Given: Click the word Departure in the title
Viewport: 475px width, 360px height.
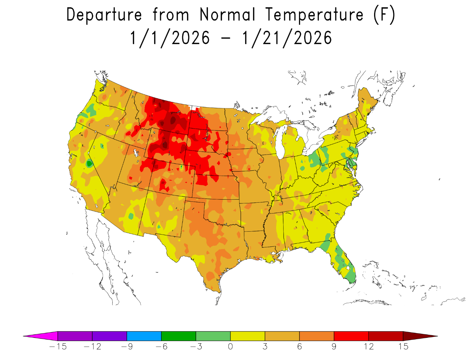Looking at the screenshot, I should (104, 15).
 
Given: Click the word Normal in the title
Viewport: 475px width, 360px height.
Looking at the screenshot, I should (227, 15).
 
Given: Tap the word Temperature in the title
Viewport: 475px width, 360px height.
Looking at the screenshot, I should (315, 15).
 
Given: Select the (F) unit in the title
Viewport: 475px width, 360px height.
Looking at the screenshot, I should (384, 15).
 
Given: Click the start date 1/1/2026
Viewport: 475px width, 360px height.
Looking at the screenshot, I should (170, 38).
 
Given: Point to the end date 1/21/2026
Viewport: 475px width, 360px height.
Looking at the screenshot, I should (287, 38).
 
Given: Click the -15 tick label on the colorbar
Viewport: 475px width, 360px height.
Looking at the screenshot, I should (58, 347).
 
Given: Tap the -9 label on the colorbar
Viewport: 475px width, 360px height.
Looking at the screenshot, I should (127, 347).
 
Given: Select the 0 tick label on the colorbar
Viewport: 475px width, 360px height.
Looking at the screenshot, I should (230, 347).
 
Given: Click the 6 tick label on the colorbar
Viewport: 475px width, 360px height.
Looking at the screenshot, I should (299, 347).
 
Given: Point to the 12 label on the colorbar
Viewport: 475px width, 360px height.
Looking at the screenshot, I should (368, 347).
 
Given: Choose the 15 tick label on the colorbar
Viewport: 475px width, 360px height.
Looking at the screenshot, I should (403, 347).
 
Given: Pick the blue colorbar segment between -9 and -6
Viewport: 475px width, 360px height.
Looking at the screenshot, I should (144, 336).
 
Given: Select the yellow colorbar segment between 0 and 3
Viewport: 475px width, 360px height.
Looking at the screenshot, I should (248, 336).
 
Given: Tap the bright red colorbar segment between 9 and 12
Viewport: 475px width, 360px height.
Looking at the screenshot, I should (351, 336).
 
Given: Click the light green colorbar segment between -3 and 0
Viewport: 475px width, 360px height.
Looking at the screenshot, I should (213, 336).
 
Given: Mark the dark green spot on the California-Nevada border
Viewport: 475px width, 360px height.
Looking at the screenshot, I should (89, 164).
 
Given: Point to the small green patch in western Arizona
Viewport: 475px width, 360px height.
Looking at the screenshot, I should (131, 216).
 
